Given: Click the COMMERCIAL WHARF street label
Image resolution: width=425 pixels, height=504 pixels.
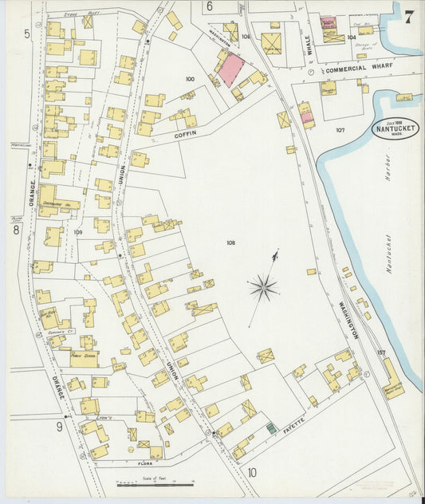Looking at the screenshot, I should [356, 69].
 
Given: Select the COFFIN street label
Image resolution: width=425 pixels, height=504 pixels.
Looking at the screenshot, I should [185, 136].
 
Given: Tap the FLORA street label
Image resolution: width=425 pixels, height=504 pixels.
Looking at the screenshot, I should [144, 463].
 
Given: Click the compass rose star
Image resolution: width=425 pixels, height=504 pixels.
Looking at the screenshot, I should [262, 286].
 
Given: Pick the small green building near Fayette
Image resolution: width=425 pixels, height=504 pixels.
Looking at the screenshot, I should [270, 428].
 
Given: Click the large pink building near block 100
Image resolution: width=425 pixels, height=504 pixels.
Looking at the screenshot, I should [230, 69].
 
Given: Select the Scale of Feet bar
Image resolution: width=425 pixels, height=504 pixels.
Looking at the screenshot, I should [155, 483].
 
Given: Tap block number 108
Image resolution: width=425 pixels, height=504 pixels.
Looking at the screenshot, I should [230, 242].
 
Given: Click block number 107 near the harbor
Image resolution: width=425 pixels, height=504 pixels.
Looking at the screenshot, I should [340, 129].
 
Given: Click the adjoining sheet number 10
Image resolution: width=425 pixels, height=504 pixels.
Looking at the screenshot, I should [252, 473].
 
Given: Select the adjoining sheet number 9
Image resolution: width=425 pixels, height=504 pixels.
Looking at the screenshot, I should [58, 427].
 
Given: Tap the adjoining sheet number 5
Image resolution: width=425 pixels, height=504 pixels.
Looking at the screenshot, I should [26, 33].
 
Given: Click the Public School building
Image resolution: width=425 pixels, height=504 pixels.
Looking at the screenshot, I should [84, 358].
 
